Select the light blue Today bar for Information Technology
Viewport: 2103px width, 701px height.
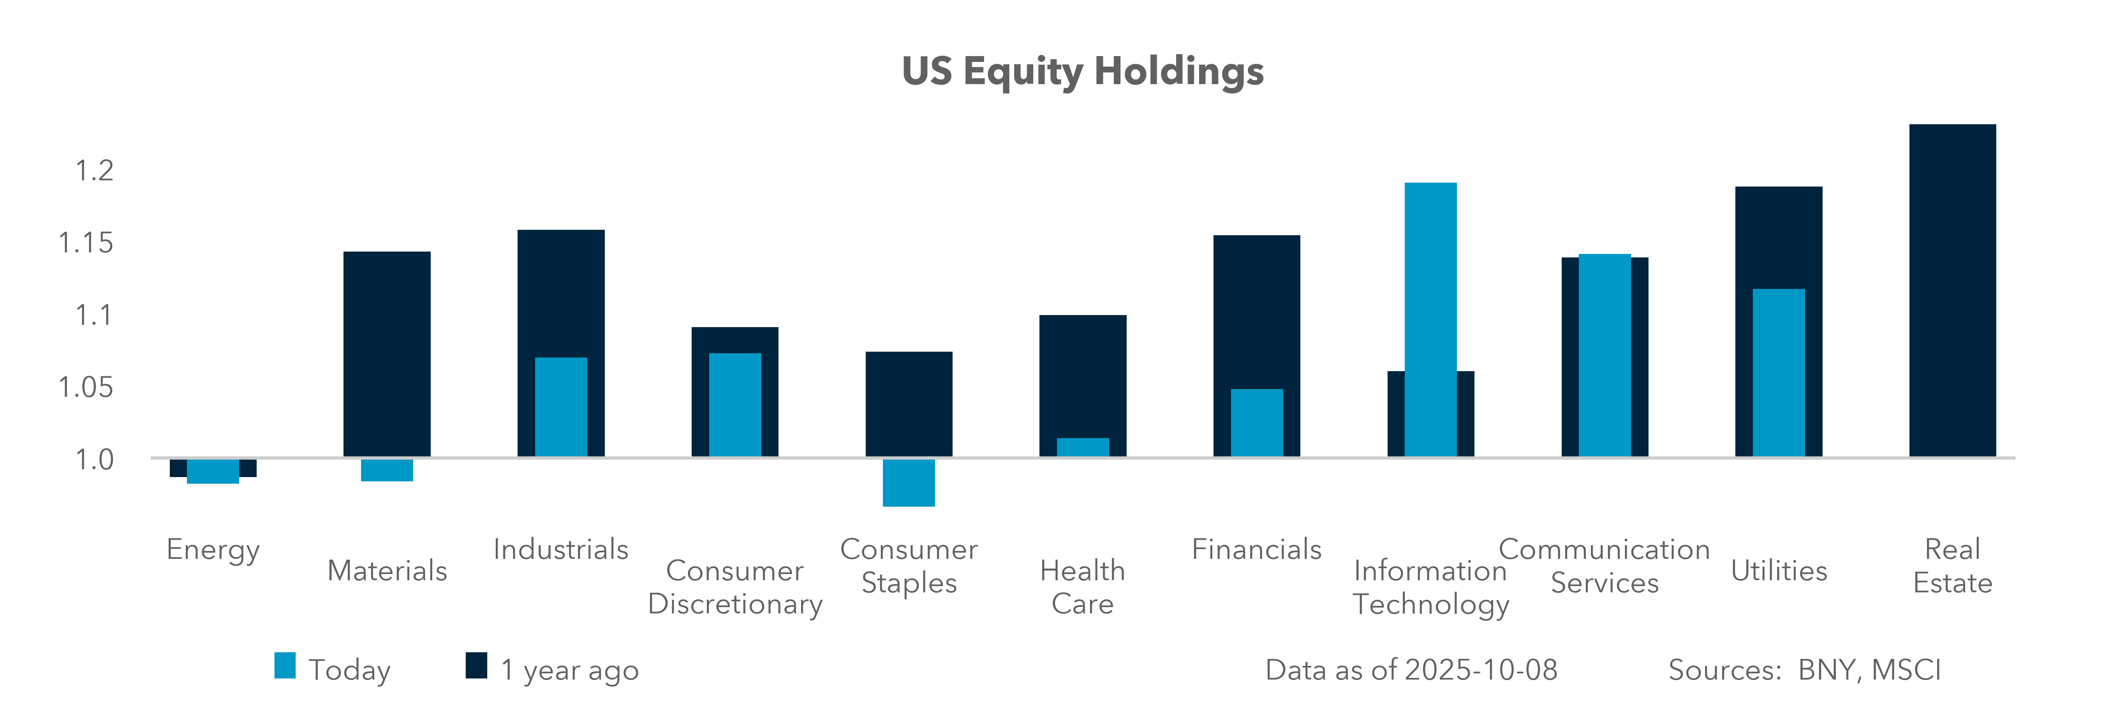(x=1430, y=318)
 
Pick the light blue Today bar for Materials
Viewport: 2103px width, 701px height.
(x=387, y=470)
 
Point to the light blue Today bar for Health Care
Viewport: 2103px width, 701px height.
(x=1083, y=447)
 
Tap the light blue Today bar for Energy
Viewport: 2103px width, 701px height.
(x=213, y=472)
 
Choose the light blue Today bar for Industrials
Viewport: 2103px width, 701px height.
(x=561, y=407)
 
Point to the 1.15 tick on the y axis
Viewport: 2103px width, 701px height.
(x=86, y=242)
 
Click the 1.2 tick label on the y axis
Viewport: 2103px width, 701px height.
(x=94, y=171)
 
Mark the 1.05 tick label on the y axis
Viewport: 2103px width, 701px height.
(x=86, y=387)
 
